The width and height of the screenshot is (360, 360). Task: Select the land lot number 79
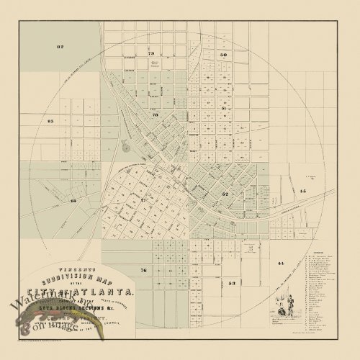[151, 54]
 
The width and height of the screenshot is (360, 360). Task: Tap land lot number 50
[224, 55]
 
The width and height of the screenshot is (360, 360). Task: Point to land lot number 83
[50, 122]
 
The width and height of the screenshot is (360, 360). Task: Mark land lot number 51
[225, 107]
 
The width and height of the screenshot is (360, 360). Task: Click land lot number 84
[73, 201]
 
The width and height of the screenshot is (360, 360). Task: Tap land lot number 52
[225, 194]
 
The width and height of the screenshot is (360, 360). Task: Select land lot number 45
[302, 191]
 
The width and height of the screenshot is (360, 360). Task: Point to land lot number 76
[143, 270]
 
